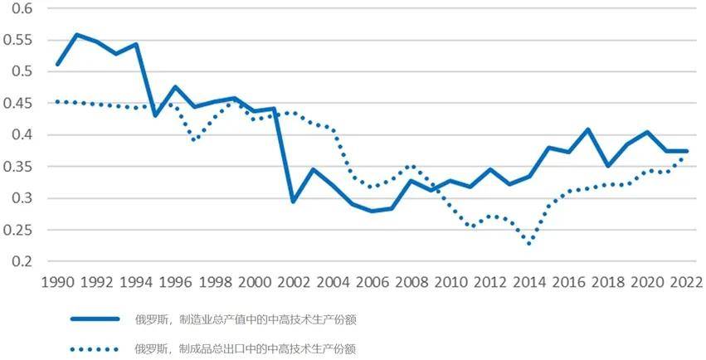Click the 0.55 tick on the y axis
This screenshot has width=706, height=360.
click(21, 40)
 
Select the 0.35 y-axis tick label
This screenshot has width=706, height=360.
click(21, 167)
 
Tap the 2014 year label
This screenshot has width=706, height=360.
click(528, 282)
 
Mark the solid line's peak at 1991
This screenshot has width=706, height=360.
click(76, 35)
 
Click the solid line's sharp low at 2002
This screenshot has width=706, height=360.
click(293, 202)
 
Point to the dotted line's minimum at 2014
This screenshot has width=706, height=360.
click(528, 243)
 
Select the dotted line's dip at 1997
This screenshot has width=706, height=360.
click(194, 140)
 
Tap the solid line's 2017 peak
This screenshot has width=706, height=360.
click(587, 129)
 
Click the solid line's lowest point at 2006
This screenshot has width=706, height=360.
click(371, 211)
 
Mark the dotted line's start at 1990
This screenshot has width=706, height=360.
click(56, 102)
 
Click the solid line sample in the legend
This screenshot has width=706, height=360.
click(96, 319)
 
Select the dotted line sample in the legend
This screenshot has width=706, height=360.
click(96, 348)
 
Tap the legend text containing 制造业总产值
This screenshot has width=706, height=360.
click(246, 319)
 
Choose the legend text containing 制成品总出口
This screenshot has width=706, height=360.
click(246, 348)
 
